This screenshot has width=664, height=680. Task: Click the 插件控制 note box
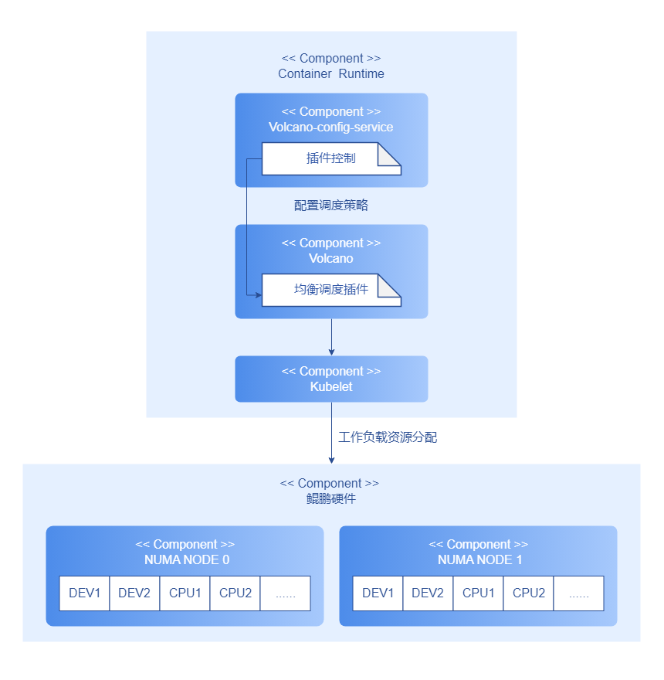[x=330, y=158]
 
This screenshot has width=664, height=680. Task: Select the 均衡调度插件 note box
[x=330, y=290]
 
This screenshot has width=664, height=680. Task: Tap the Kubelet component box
[x=331, y=379]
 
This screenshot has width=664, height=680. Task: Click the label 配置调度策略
[x=331, y=206]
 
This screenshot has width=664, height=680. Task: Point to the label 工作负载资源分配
[x=388, y=437]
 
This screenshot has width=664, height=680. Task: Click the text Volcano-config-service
[x=331, y=127]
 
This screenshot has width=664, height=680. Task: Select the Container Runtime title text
[x=331, y=74]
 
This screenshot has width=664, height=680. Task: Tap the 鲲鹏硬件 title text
[x=331, y=499]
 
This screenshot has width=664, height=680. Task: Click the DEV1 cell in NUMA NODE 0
[x=85, y=593]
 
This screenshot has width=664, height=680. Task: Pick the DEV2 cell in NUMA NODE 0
[x=134, y=593]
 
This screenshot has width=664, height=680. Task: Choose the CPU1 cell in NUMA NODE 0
[x=185, y=593]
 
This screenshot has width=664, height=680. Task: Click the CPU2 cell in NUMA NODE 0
[x=235, y=593]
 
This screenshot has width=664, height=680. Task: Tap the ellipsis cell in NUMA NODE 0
[x=285, y=593]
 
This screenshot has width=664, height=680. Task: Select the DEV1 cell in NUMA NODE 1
[x=378, y=593]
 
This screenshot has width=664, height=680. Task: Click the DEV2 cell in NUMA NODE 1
[x=428, y=593]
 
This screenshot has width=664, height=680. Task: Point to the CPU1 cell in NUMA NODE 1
[x=479, y=593]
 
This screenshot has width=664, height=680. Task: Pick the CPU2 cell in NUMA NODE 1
[x=529, y=593]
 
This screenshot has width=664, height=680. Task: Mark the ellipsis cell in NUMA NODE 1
[x=578, y=593]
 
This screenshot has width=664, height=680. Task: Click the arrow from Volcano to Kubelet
[x=331, y=337]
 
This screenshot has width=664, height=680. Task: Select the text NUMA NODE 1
[x=479, y=560]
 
